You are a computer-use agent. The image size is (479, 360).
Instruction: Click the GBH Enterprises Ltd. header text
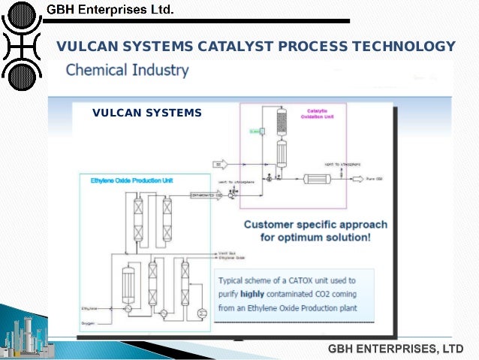coord(110,11)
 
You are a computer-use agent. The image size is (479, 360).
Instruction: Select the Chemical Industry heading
coord(128,71)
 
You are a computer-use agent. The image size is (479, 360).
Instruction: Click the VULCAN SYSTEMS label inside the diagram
coord(147,113)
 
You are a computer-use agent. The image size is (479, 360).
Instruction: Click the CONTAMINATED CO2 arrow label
coord(206,195)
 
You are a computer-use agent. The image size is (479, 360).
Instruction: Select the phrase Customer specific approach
coord(315,225)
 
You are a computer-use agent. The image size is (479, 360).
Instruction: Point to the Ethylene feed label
coord(90,308)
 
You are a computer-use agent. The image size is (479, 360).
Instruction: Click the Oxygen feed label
coord(89,324)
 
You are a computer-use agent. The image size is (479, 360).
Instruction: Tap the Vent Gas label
coord(227,253)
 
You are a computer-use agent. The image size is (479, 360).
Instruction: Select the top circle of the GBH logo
coord(22,14)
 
